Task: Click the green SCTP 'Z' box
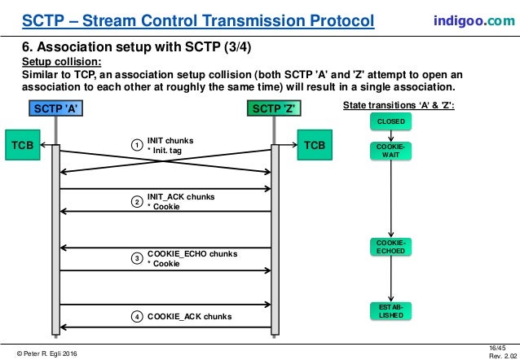(275, 108)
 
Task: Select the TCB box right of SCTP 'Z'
(314, 145)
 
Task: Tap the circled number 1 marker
(137, 145)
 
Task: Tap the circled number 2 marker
(137, 201)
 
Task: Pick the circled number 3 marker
(137, 258)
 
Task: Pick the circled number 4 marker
(137, 315)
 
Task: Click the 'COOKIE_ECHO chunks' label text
(192, 254)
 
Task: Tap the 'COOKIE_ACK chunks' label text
(189, 316)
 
